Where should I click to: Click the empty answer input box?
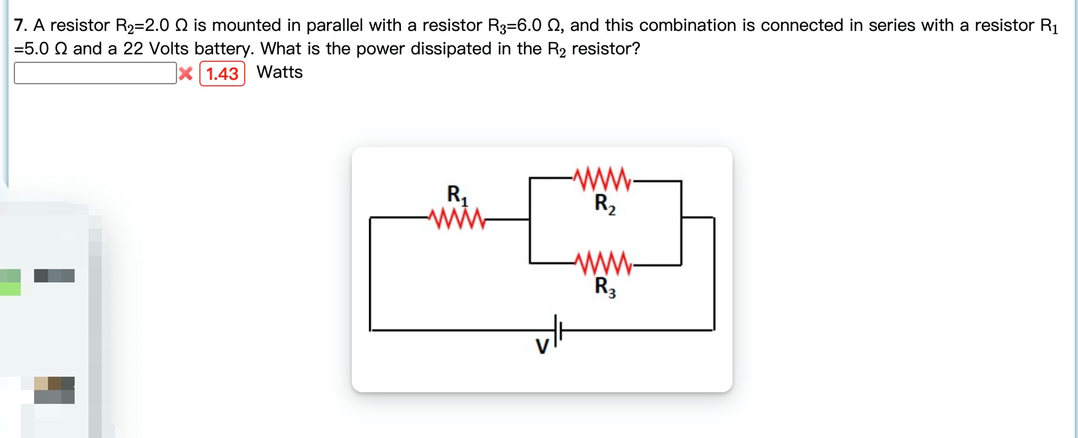tap(95, 73)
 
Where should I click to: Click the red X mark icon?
tap(186, 74)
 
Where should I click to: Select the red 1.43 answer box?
tap(222, 74)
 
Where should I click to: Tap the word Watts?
tap(279, 72)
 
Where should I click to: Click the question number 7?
tap(20, 25)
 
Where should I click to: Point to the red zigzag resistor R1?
tap(457, 218)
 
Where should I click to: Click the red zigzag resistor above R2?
tap(602, 180)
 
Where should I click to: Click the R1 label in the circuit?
tap(457, 195)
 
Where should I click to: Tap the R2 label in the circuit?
tap(605, 204)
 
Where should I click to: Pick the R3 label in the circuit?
tap(605, 287)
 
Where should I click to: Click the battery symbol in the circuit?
tap(558, 330)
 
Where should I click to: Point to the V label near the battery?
tap(542, 347)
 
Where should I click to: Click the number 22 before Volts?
tap(133, 48)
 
